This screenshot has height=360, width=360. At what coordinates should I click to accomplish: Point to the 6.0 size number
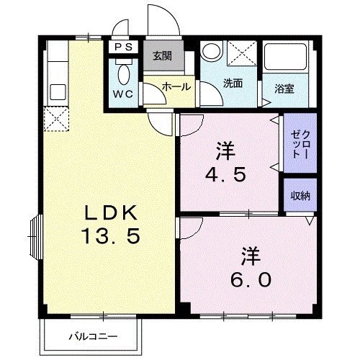[x=251, y=278]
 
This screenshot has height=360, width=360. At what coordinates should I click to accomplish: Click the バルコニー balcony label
[x=93, y=336]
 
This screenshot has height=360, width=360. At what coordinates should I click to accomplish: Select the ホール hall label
[x=176, y=86]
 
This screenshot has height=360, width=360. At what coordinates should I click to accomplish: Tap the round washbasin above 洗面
[x=211, y=52]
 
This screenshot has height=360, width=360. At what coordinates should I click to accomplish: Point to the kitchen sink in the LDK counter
[x=56, y=93]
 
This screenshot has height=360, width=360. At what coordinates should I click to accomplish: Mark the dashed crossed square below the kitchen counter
[x=55, y=120]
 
